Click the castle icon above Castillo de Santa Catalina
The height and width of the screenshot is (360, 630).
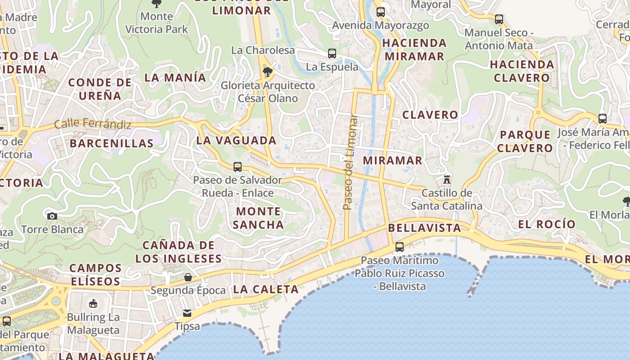[446, 179]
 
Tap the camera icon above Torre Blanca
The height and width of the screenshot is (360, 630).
[52, 216]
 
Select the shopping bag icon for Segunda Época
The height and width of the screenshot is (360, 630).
[188, 277]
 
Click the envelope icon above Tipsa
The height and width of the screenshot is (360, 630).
[187, 313]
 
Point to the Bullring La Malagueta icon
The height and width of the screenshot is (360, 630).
[93, 303]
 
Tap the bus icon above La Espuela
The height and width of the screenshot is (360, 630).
[332, 54]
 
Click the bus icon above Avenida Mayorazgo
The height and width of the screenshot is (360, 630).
[381, 12]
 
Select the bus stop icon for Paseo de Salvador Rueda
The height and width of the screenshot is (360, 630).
[238, 167]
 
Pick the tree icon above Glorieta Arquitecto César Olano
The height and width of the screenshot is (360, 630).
[268, 72]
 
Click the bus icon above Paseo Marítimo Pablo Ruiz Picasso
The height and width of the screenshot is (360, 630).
[399, 247]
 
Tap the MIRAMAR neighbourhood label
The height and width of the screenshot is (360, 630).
[392, 161]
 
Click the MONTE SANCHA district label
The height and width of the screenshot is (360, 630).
[258, 218]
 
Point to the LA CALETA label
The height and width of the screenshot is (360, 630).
[266, 289]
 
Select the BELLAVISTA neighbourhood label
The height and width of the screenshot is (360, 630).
[424, 228]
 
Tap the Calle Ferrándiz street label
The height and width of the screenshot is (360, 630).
[93, 124]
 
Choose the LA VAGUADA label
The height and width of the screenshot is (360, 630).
[236, 140]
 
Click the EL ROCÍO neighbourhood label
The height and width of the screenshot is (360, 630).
[547, 224]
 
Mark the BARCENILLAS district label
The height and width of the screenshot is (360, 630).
[112, 144]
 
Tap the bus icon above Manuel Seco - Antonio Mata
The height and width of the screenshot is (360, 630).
[499, 19]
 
